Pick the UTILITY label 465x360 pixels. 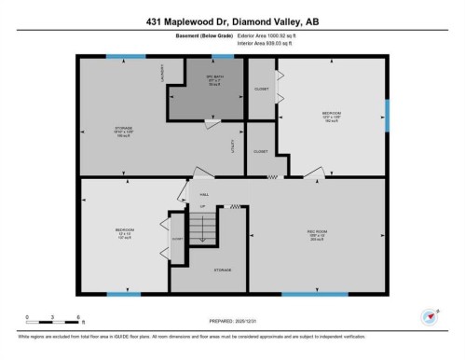coord(232,145)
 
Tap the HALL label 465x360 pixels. coord(203,194)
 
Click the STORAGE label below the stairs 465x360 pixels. coord(222,270)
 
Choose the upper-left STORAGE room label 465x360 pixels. coord(124,130)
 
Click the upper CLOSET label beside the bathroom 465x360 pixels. coord(262,89)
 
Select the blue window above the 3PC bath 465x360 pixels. coord(217,57)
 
